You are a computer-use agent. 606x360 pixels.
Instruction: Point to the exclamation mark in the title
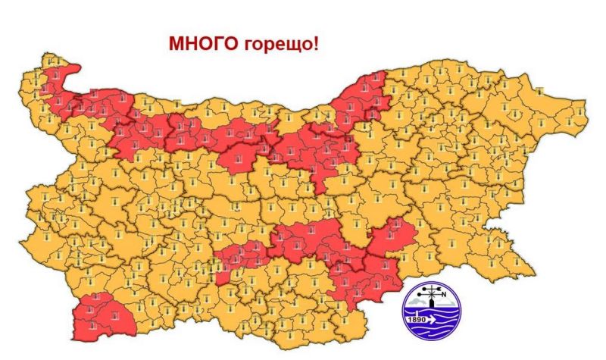click(x=315, y=43)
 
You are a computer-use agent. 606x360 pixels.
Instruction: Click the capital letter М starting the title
click(x=176, y=44)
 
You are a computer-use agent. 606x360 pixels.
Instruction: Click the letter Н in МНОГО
click(x=189, y=44)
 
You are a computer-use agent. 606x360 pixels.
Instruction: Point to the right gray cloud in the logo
click(x=448, y=304)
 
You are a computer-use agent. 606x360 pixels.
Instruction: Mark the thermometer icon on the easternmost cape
click(x=579, y=111)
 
